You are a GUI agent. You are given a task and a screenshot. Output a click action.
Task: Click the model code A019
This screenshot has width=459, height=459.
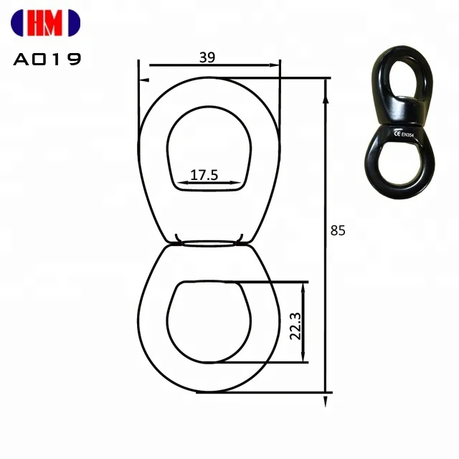tap(47, 60)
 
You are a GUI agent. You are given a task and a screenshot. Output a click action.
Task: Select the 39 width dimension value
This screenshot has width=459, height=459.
tap(207, 59)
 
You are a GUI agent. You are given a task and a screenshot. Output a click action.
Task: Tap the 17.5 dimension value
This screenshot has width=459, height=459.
tap(204, 174)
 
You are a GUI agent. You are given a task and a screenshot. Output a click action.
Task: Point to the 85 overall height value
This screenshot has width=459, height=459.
tap(338, 231)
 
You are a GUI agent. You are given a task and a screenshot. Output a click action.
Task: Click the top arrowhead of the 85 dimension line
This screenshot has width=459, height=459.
tap(327, 81)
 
